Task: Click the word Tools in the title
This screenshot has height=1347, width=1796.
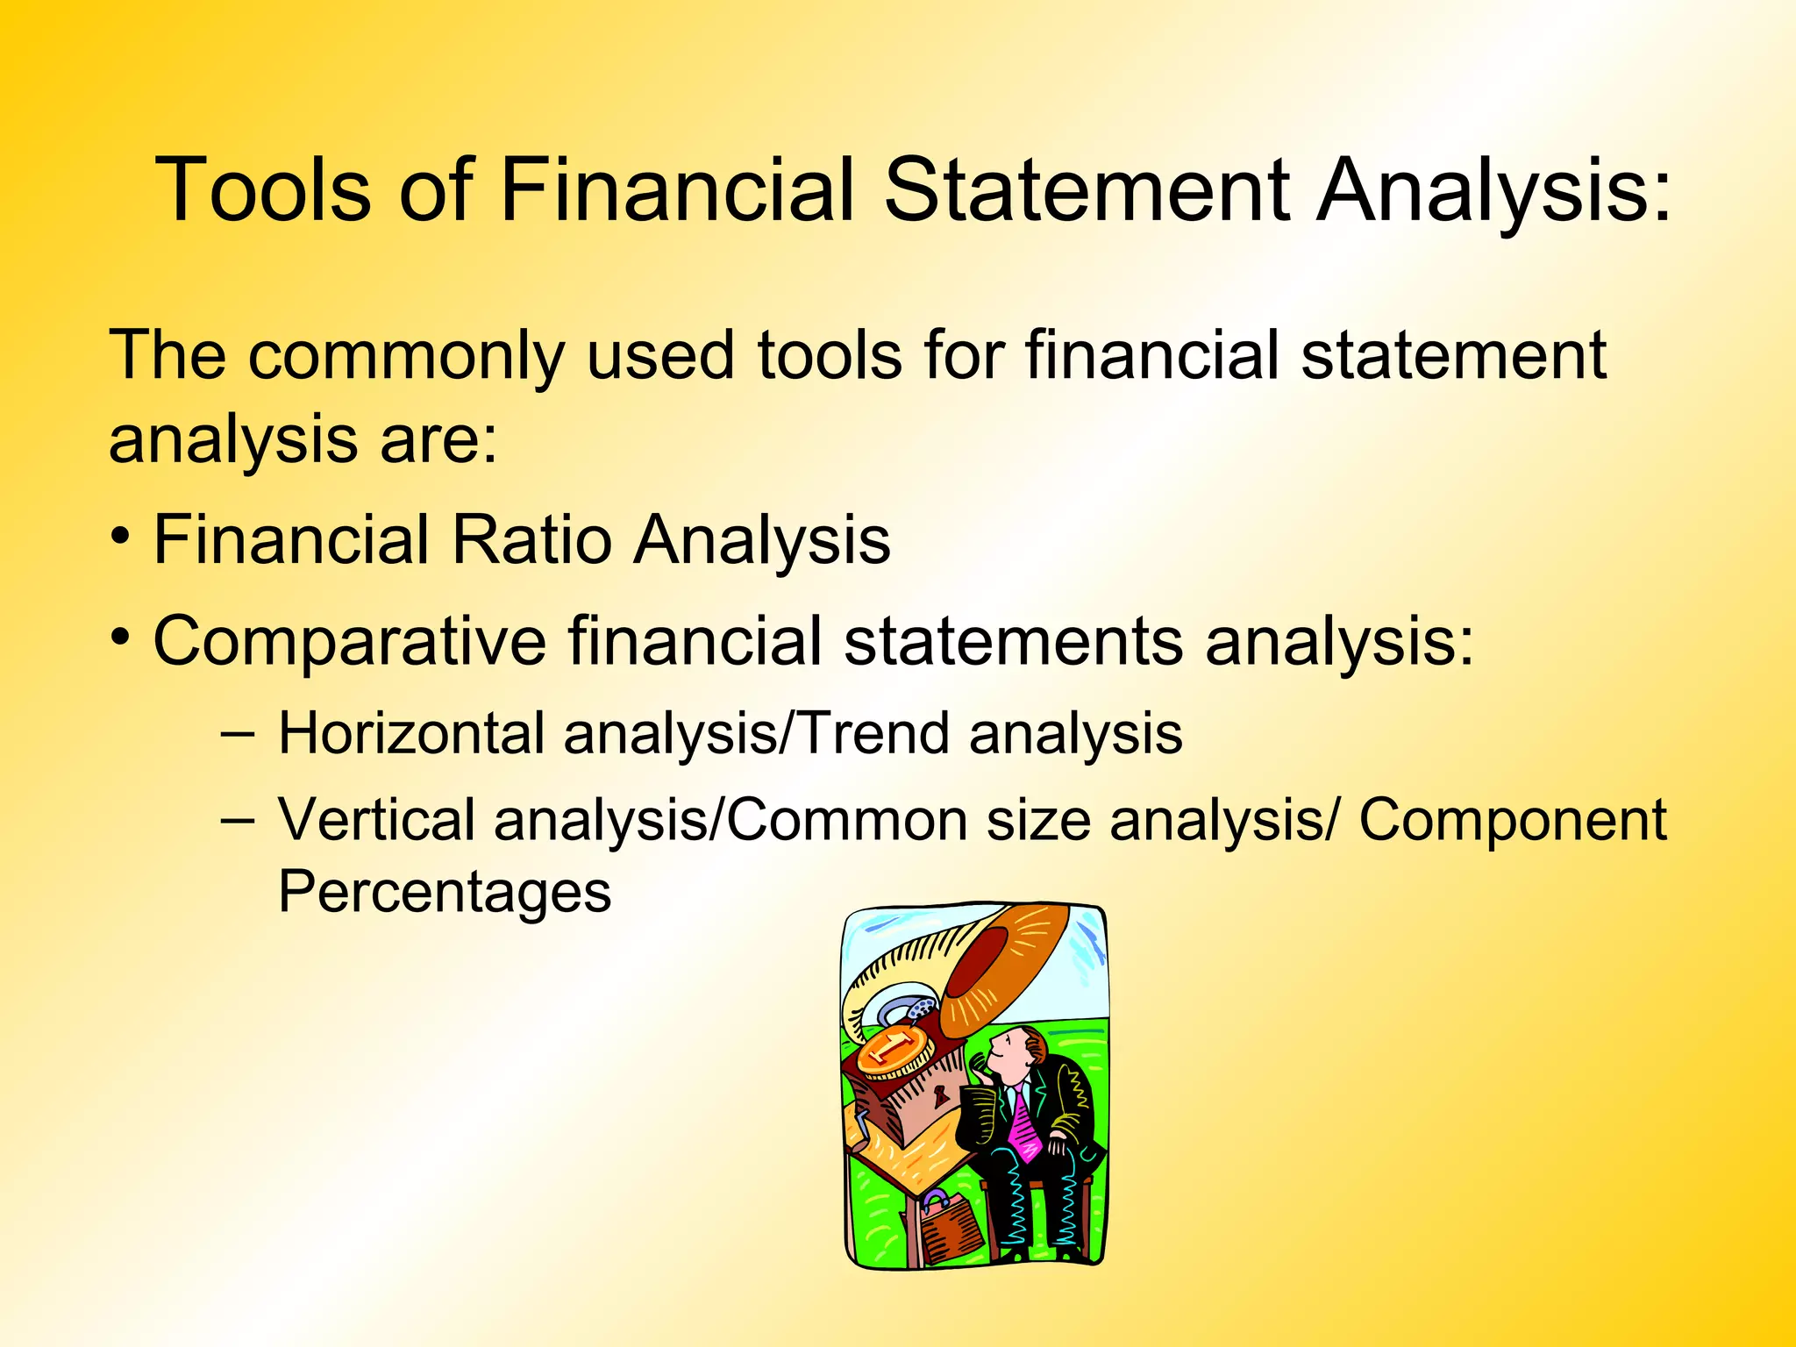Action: [262, 190]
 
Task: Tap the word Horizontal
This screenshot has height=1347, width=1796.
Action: [411, 733]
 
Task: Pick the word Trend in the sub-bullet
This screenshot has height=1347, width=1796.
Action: [875, 733]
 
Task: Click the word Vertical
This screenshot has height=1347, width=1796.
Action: [376, 821]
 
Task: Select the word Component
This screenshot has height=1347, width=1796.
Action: [1512, 821]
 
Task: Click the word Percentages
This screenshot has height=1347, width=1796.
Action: [444, 892]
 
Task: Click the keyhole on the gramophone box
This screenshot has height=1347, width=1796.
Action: [941, 1094]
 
